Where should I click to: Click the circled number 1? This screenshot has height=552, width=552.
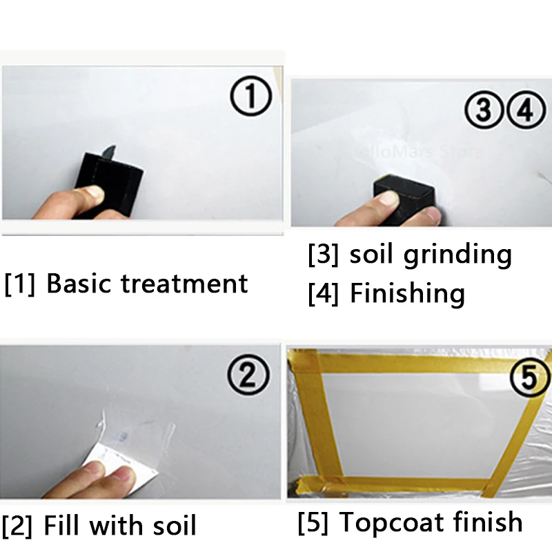coord(250,98)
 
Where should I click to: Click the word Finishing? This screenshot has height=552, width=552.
coord(407,294)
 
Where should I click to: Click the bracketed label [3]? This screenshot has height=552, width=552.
coord(323,255)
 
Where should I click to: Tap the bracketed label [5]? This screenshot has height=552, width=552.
coord(313,522)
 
